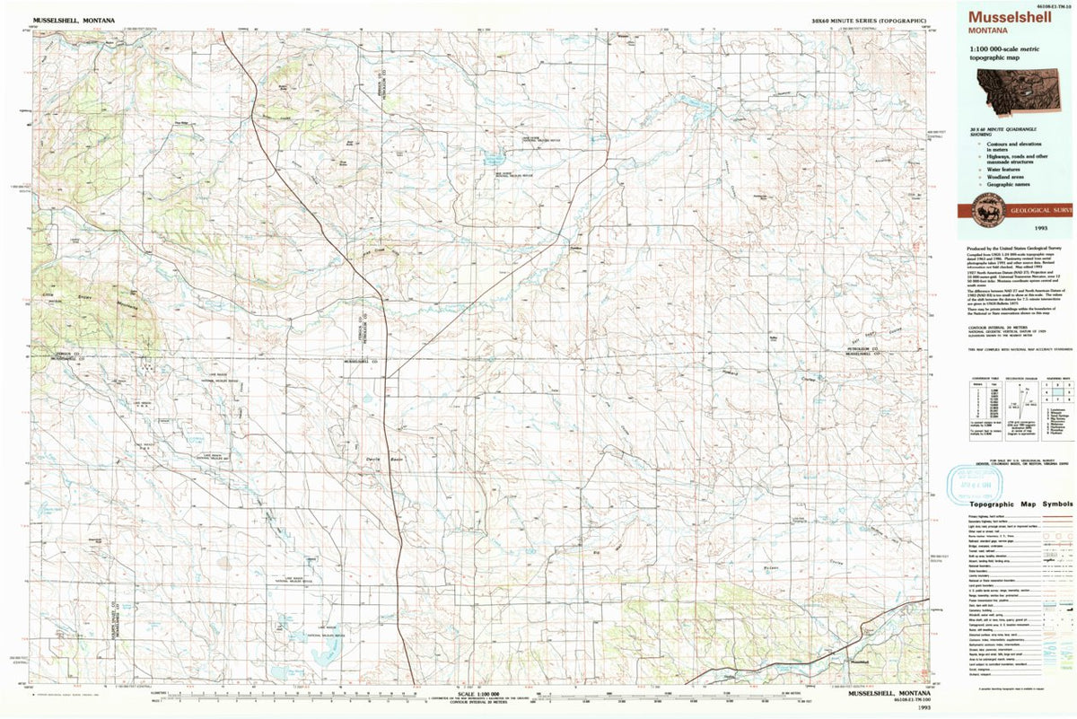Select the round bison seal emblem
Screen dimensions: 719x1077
[x=982, y=209]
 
